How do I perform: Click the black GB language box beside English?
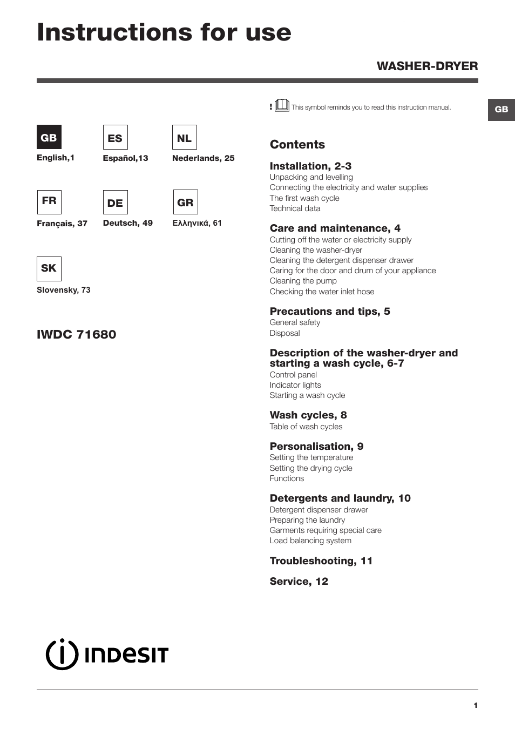point(49,137)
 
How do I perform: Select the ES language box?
point(115,138)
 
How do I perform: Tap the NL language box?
point(184,138)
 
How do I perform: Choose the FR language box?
point(49,202)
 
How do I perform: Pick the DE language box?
point(115,202)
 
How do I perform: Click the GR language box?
point(185,202)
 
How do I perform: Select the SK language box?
point(49,268)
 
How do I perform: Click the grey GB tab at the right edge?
point(501,109)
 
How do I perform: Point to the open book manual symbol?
point(282,105)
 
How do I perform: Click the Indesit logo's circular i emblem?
point(62,654)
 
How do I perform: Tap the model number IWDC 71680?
point(76,334)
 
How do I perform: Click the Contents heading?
point(297,144)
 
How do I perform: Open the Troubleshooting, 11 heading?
point(321,561)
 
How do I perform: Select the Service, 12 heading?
point(299,581)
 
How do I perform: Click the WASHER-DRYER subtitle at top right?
point(427,66)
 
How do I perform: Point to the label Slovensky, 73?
point(64,290)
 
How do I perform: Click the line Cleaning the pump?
point(303,281)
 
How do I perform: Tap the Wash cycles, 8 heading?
point(308,415)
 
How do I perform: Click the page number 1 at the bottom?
point(476,705)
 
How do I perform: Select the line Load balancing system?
point(310,541)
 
